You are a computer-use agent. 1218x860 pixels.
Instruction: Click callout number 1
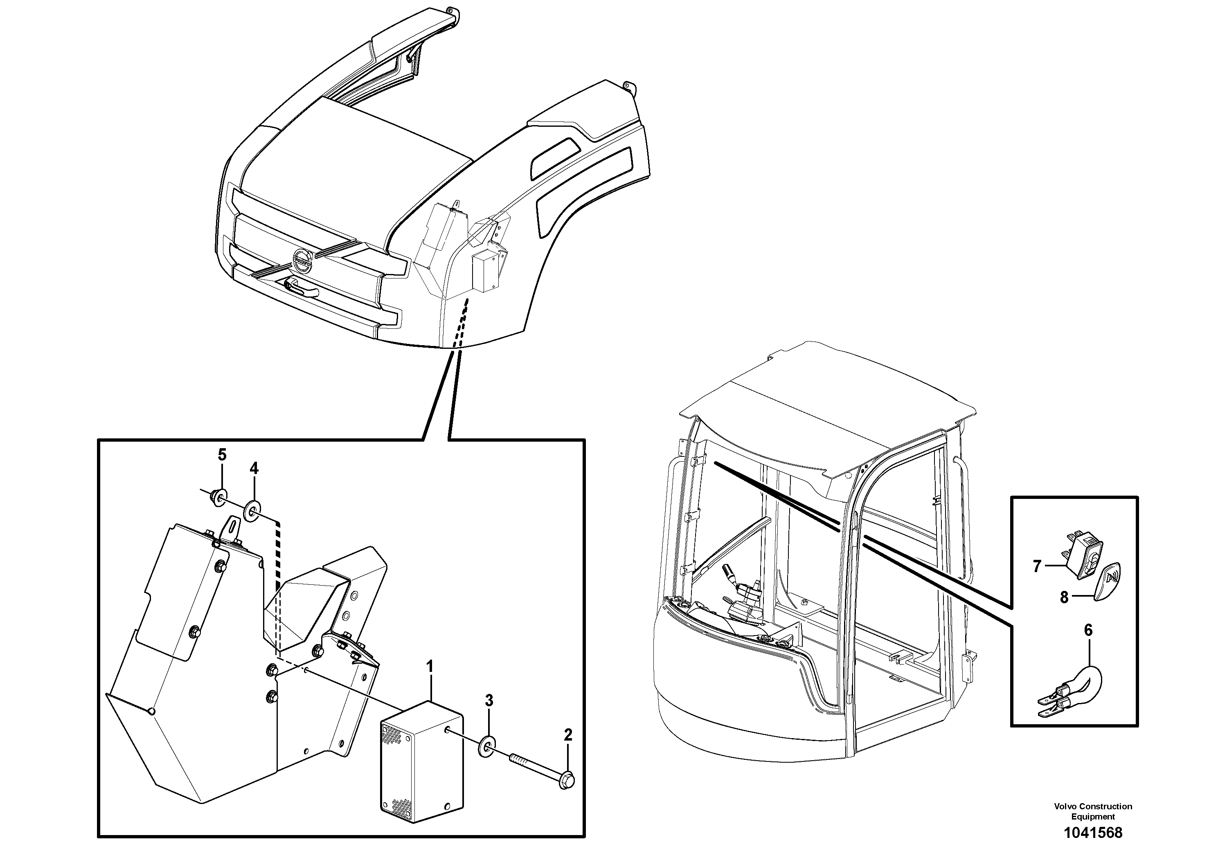(430, 666)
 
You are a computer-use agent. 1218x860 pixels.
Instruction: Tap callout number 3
(489, 701)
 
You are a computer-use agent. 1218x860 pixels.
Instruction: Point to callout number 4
(254, 468)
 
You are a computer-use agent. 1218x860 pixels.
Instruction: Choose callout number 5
(222, 454)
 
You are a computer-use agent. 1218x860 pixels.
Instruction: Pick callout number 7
(1037, 566)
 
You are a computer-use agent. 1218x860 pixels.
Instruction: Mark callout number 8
(1064, 597)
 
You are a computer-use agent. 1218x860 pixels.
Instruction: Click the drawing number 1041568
(1093, 833)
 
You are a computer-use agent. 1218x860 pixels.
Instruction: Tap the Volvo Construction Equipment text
(1093, 811)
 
